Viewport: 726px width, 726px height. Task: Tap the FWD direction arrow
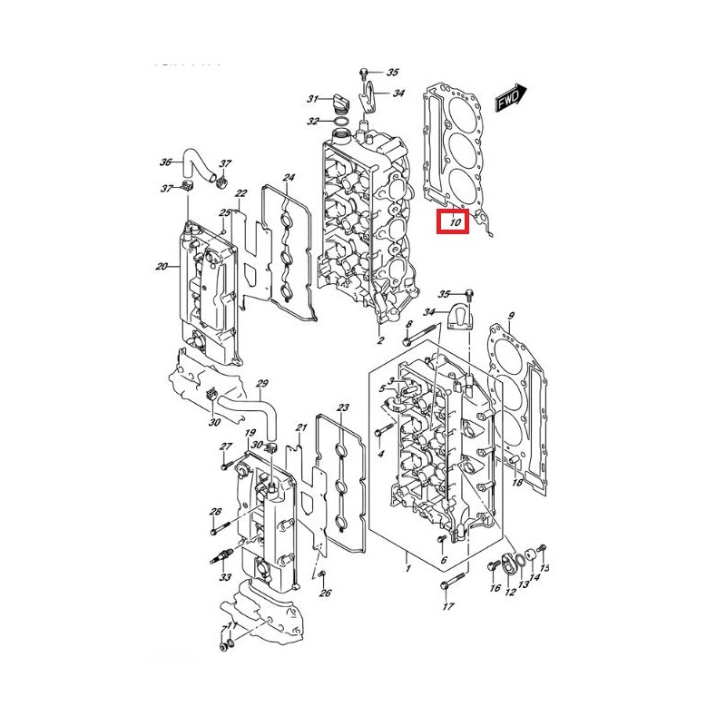pos(511,99)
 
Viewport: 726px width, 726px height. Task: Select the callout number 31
pos(311,99)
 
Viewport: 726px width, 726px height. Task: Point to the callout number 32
pos(312,121)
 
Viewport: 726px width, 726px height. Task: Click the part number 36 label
pos(165,162)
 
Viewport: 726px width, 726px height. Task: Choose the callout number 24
pos(288,177)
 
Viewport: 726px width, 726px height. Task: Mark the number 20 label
pos(162,267)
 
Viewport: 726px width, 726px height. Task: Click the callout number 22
pos(240,193)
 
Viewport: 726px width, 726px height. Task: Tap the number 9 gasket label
pos(511,316)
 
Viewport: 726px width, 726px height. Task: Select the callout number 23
pos(342,407)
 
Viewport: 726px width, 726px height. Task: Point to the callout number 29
pos(262,383)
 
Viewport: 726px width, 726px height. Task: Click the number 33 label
pos(224,577)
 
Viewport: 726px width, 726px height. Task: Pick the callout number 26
pos(325,594)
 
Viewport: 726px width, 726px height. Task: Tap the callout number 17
pos(447,606)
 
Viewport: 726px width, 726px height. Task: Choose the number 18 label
pos(516,483)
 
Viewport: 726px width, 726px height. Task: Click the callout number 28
pos(215,512)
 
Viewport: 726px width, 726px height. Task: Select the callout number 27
pos(226,446)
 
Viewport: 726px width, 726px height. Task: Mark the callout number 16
pos(495,588)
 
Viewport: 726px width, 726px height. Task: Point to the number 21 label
pos(301,427)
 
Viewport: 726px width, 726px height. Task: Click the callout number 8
pos(409,324)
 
